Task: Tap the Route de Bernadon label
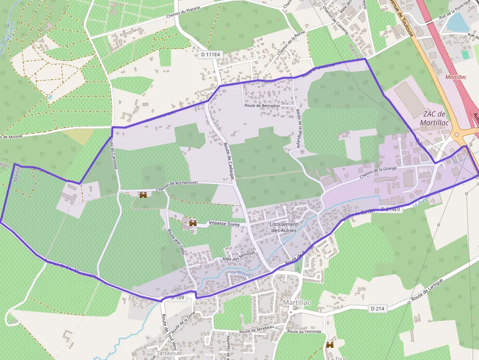point(262,105)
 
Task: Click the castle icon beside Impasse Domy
point(193,223)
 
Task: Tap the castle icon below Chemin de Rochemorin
point(143,195)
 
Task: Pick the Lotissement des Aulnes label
point(283,227)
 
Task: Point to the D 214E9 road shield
point(390,209)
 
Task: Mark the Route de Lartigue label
point(427,290)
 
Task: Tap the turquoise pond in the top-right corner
point(457,22)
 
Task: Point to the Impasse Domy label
point(224,223)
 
